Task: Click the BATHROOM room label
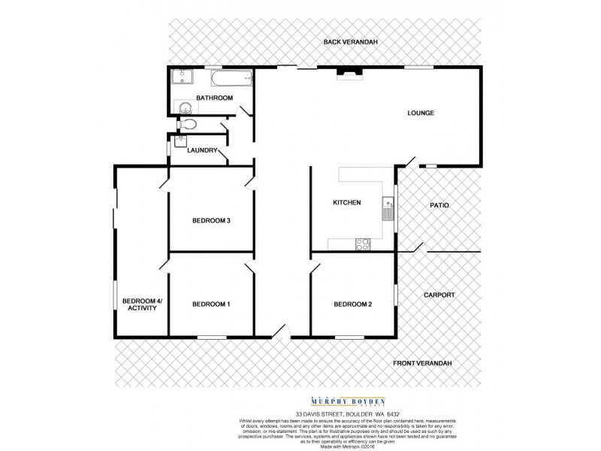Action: [214, 98]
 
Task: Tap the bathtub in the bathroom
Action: [233, 77]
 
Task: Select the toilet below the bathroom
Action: [188, 125]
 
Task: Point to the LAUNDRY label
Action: [202, 150]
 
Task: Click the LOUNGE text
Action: [421, 114]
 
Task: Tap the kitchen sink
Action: [388, 207]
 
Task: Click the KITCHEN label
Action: [347, 203]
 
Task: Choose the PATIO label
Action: [439, 204]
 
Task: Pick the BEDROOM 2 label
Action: [353, 304]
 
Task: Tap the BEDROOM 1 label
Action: [211, 304]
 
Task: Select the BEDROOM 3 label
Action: [210, 220]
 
